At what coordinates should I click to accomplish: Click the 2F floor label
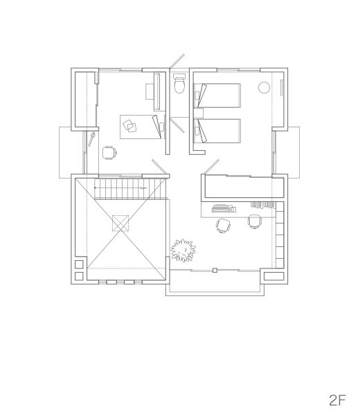337,400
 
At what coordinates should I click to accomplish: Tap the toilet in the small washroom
179,83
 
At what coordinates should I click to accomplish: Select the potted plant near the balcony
183,250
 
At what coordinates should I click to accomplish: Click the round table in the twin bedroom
264,87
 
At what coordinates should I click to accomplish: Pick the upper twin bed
217,95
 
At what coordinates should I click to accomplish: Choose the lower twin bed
217,131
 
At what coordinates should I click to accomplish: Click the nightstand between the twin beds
199,113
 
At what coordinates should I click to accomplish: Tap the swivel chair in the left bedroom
109,153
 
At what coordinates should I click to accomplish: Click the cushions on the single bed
129,126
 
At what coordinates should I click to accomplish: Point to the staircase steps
130,189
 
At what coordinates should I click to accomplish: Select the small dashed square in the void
120,223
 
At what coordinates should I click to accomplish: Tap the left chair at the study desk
224,226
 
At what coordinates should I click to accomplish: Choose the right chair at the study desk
254,221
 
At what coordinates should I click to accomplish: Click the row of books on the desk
262,205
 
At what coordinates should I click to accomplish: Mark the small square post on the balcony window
215,271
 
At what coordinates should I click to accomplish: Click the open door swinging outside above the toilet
177,61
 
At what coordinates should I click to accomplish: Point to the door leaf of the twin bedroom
211,166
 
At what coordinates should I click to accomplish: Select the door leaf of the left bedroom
159,166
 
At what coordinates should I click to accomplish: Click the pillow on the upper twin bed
197,95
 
